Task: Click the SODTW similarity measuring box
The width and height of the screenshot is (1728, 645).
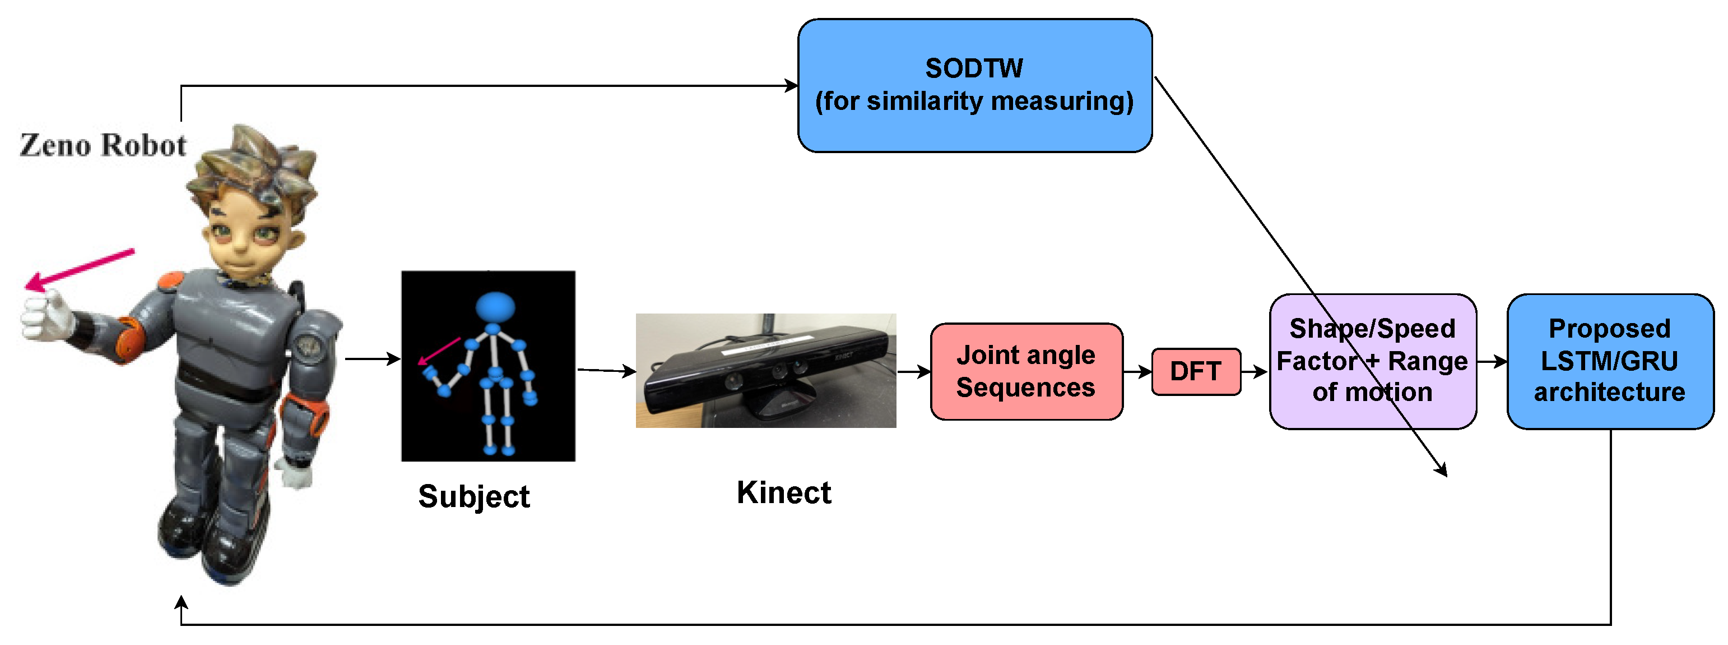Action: coord(974,85)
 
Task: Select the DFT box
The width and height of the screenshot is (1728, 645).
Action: coord(1195,371)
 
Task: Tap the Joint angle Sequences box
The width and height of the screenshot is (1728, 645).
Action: coord(1026,371)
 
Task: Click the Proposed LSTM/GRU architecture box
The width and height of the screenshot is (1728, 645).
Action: coord(1609,361)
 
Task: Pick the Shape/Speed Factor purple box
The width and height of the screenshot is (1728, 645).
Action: coord(1372,361)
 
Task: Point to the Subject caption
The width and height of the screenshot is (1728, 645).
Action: coord(473,497)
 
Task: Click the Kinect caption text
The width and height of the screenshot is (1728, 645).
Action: coord(783,492)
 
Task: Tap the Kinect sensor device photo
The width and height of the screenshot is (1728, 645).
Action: coord(765,371)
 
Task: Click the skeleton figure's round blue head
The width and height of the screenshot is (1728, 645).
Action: coord(495,307)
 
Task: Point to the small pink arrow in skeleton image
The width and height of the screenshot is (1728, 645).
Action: coord(439,351)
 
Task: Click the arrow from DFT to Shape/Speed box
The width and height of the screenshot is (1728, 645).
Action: coord(1253,371)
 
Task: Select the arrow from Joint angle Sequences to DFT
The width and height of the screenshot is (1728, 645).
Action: coord(1137,371)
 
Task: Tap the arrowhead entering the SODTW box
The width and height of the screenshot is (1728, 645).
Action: coord(792,85)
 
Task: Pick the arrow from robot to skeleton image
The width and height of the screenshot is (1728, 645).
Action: coord(372,359)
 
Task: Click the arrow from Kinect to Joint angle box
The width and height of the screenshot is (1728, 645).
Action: coord(914,371)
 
